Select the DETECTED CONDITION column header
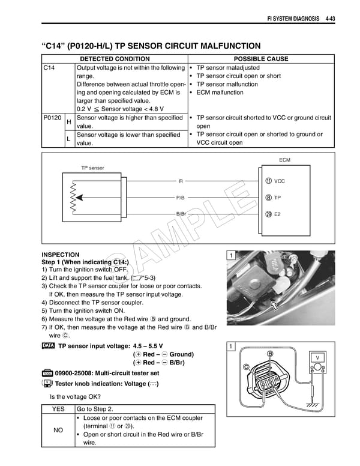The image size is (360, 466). pos(115,59)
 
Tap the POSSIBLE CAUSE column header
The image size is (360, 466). pos(260,59)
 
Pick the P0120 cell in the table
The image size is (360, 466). pos(52,118)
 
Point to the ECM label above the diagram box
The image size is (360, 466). pos(285,160)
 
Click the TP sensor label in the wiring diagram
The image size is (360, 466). pos(92,168)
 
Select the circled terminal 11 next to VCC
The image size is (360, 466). pos(268,181)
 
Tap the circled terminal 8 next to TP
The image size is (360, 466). pos(268,198)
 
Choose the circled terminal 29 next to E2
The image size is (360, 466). pos(268,214)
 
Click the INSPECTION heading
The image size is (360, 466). pos(60,255)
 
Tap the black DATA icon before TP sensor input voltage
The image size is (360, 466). pos(49,346)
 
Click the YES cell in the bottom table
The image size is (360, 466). pos(58,409)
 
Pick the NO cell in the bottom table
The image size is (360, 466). pos(58,431)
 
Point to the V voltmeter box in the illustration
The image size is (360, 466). pos(317,358)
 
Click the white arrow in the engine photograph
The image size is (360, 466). pos(275,306)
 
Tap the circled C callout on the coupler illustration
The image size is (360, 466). pos(246,366)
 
